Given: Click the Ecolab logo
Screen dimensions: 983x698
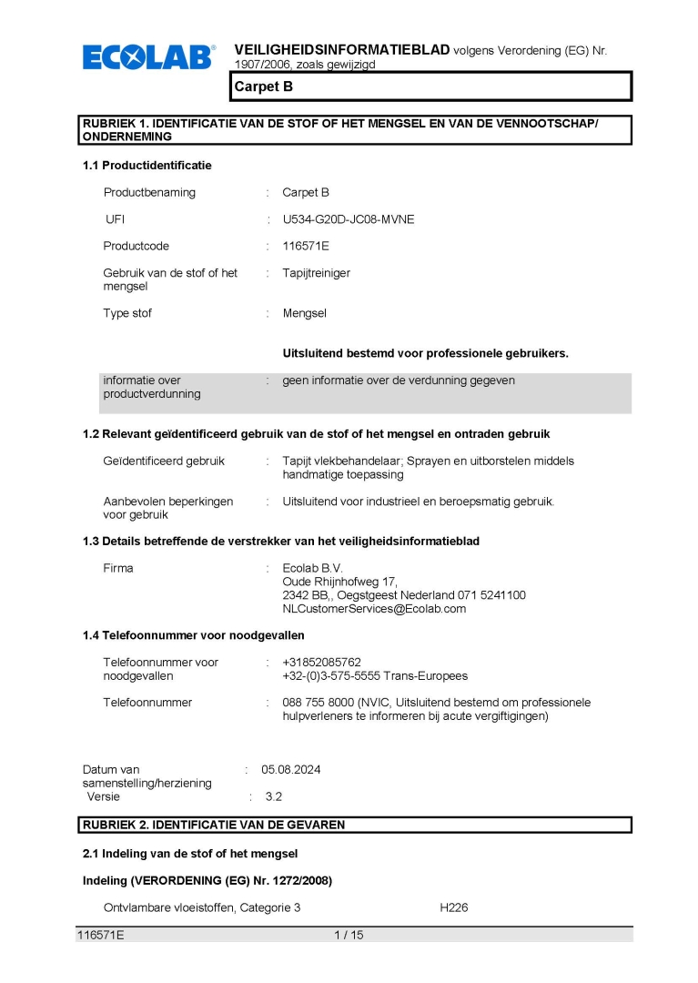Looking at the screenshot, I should (x=149, y=57).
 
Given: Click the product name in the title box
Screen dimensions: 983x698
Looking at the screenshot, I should (x=263, y=87).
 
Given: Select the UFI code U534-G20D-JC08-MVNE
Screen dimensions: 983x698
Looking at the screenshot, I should (x=349, y=219).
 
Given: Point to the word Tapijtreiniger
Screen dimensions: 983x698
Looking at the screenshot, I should (x=316, y=273).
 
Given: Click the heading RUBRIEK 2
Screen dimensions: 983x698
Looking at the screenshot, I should (x=214, y=825).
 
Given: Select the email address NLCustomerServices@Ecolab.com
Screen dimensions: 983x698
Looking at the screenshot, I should (x=374, y=609).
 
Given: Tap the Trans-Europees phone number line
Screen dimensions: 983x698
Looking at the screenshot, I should (x=375, y=676).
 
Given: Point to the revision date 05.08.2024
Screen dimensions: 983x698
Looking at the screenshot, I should (x=291, y=769).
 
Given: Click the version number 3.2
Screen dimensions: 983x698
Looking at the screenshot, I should (x=274, y=796).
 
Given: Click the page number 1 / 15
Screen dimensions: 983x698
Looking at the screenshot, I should (x=349, y=934).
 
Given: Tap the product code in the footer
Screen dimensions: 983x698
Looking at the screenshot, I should (x=100, y=934).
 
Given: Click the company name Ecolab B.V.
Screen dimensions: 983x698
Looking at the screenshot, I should (x=312, y=569).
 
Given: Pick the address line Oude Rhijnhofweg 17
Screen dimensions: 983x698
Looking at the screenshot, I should (x=339, y=583).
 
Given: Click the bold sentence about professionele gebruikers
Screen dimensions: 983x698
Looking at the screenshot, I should (x=425, y=353).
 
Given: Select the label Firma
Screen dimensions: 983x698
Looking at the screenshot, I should (x=118, y=569).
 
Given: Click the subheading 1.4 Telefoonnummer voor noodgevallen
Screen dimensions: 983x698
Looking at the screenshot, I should (x=193, y=635).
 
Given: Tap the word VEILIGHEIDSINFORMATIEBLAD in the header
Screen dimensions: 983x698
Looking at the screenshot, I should (x=341, y=49).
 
